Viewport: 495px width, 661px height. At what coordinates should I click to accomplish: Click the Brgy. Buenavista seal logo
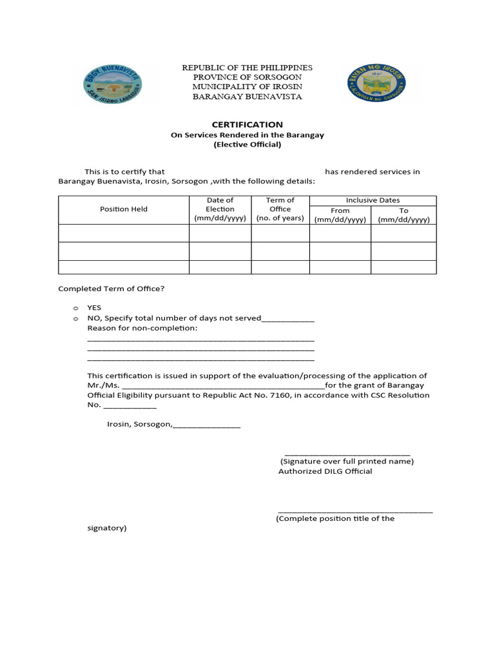113,85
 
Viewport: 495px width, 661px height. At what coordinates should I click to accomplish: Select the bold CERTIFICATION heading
247,124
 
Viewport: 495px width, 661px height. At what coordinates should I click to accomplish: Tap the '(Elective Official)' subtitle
247,145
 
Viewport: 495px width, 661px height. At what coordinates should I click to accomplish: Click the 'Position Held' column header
124,209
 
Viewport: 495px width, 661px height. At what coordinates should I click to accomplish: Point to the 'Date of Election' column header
220,209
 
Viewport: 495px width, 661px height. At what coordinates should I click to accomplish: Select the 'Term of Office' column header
280,209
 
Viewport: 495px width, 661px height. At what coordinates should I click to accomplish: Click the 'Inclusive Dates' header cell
373,200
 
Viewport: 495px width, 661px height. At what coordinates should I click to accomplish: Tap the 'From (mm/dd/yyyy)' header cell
340,215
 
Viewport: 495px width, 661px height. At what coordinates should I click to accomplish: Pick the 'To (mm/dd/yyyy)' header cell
403,215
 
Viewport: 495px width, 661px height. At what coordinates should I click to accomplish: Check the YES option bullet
75,308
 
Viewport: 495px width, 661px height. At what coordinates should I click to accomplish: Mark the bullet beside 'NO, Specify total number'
75,318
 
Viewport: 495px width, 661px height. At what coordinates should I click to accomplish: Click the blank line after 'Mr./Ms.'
218,387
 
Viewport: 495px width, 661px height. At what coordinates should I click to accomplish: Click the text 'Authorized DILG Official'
325,471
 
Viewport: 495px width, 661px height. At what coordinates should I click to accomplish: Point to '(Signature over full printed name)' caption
347,461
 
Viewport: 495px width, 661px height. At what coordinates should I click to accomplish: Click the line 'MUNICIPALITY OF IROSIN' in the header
247,87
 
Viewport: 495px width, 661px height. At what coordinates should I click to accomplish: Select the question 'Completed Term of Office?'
112,289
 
